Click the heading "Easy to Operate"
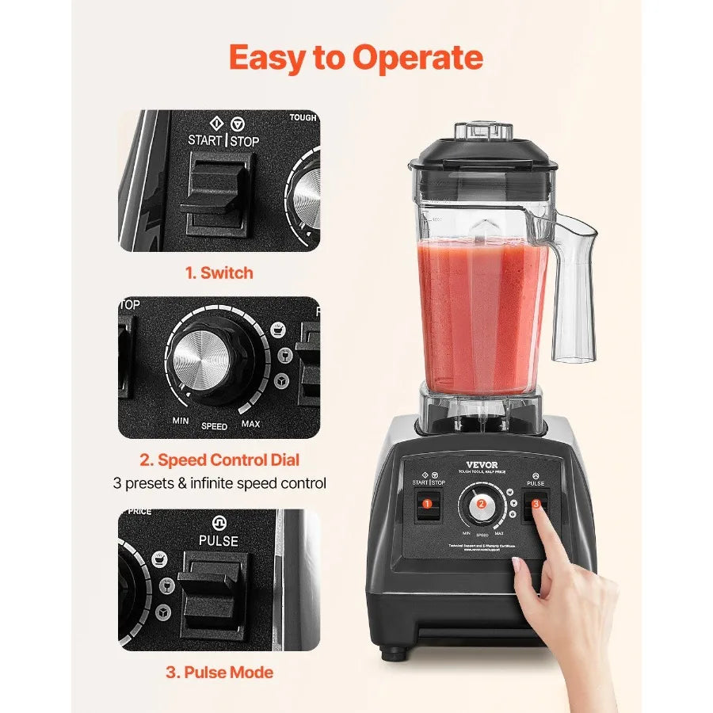(x=356, y=58)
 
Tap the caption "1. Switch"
(x=219, y=273)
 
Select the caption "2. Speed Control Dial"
(x=219, y=459)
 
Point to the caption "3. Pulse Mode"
(x=219, y=673)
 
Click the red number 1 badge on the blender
(x=427, y=503)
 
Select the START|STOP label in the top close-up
(x=223, y=140)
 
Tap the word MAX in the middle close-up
(x=250, y=424)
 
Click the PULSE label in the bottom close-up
(x=219, y=540)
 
